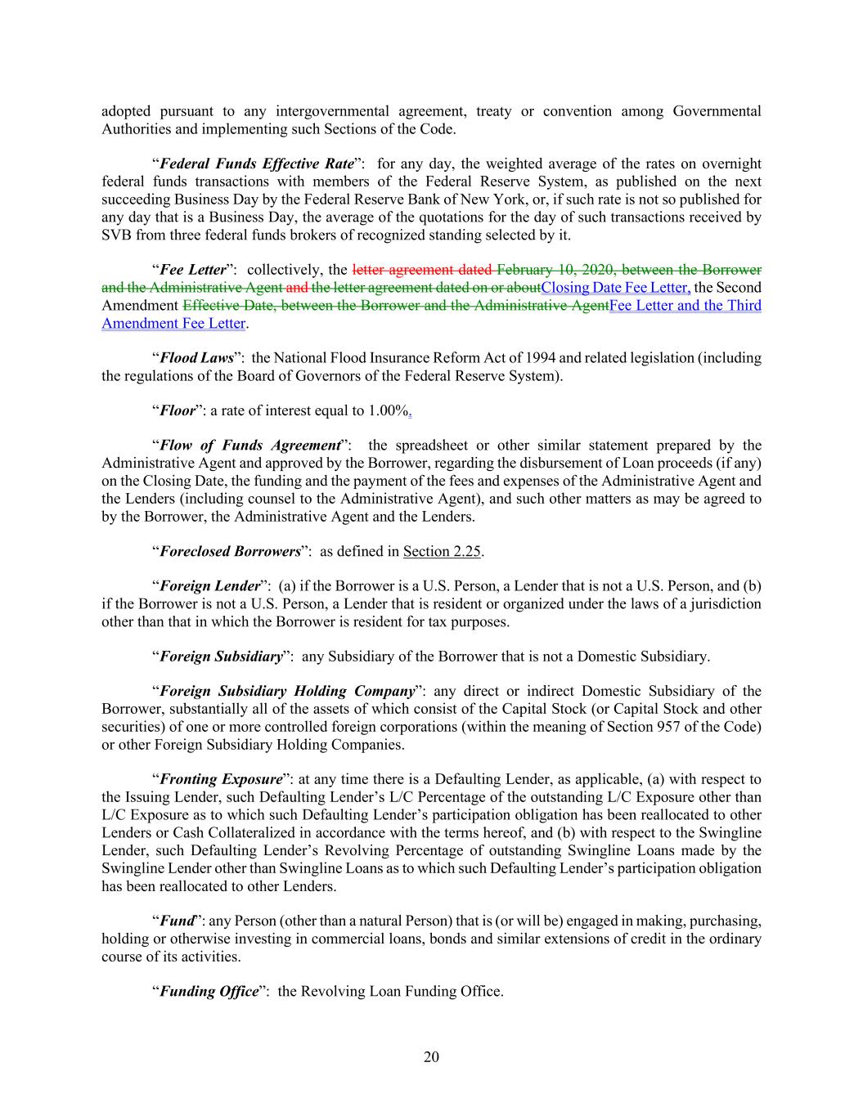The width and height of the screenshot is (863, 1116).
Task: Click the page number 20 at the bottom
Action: click(431, 1057)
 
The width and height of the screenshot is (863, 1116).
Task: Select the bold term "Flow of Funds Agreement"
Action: click(249, 446)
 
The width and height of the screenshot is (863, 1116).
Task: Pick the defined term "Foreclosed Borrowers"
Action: click(230, 551)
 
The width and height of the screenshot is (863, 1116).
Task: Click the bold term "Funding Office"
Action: click(209, 992)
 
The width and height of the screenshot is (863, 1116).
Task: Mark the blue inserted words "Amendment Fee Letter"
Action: click(173, 323)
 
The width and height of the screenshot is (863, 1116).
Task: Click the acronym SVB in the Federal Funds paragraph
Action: click(118, 235)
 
